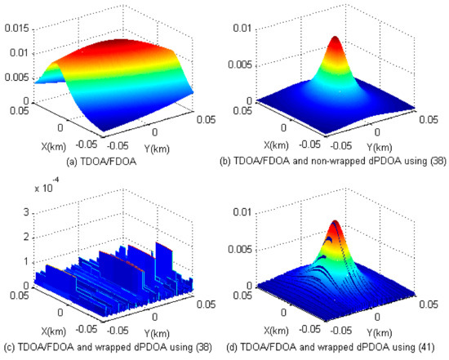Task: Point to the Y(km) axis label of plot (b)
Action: [358, 146]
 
